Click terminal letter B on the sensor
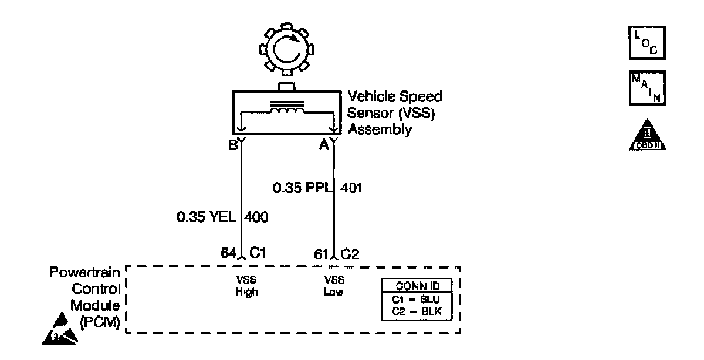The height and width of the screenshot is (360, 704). [232, 144]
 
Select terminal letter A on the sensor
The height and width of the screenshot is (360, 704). [322, 144]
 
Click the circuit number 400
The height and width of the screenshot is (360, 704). [256, 218]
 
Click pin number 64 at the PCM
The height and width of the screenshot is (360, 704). [228, 253]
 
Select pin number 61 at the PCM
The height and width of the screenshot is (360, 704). [320, 253]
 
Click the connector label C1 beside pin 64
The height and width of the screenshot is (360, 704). [259, 253]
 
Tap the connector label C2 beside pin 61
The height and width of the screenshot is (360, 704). [350, 253]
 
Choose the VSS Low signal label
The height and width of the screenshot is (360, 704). [333, 286]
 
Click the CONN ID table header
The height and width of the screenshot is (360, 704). [417, 287]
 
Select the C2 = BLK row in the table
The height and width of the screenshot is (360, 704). [417, 310]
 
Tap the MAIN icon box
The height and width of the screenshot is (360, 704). [647, 86]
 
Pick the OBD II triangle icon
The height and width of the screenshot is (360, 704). [647, 137]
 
